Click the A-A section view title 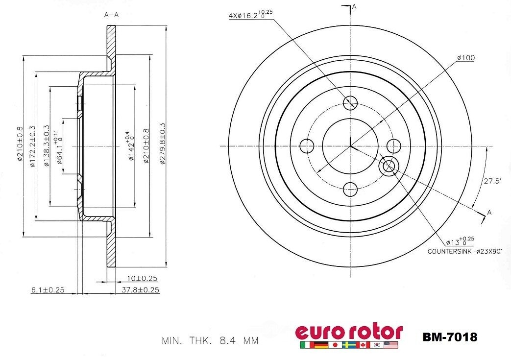(112, 15)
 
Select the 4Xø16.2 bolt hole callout (250, 15)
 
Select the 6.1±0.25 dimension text (48, 289)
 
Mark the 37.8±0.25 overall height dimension (140, 289)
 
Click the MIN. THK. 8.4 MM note (210, 340)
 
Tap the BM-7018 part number (449, 337)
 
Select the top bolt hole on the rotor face (350, 102)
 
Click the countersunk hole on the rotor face (388, 166)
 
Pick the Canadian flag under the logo (363, 345)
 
